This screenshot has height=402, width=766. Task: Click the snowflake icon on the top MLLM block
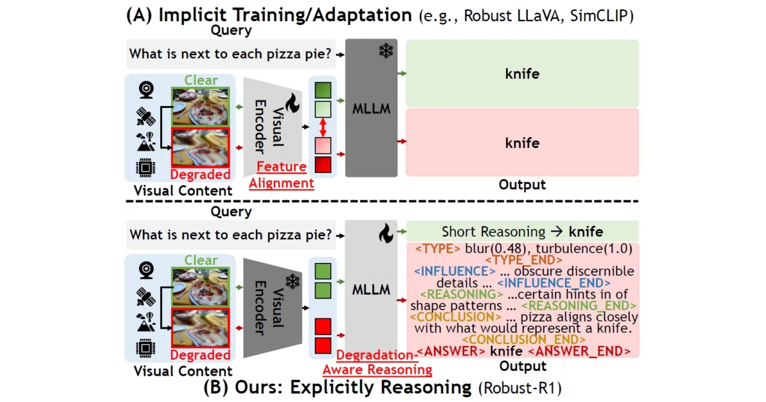click(x=386, y=50)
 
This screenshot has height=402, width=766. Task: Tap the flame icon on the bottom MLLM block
click(x=386, y=234)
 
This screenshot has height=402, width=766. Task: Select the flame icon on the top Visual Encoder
click(x=293, y=103)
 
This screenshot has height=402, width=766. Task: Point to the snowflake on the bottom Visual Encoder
click(x=292, y=281)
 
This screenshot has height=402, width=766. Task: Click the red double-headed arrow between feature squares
click(x=323, y=127)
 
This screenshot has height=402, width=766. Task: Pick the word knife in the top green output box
click(x=522, y=74)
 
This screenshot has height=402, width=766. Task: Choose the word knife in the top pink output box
click(x=522, y=143)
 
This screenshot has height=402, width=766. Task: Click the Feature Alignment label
click(x=282, y=175)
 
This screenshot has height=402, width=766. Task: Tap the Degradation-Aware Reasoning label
click(x=377, y=362)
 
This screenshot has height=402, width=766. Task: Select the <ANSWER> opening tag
click(x=451, y=351)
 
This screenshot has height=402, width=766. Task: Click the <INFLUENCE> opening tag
click(x=454, y=271)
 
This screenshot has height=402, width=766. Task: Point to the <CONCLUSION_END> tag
click(x=523, y=339)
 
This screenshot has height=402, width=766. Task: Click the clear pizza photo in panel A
click(x=200, y=107)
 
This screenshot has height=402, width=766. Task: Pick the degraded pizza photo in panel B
click(x=200, y=328)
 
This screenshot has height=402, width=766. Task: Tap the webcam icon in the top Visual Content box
click(x=146, y=90)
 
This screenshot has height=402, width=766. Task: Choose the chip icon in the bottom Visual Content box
click(x=146, y=348)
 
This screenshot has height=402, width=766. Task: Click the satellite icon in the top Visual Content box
click(x=146, y=117)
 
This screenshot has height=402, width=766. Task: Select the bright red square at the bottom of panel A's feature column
click(x=323, y=165)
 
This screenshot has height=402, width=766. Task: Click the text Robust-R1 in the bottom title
click(x=520, y=388)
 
